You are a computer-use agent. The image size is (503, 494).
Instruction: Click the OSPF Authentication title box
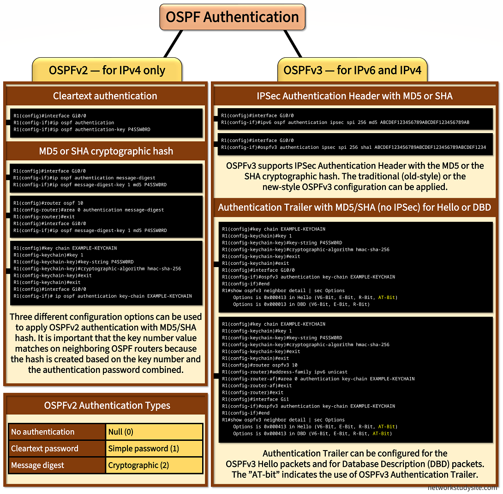(232, 17)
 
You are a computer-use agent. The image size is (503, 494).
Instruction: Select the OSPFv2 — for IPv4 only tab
(107, 70)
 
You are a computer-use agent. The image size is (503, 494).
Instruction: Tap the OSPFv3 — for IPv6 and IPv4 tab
(352, 70)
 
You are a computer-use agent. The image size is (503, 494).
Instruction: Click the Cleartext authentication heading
(105, 96)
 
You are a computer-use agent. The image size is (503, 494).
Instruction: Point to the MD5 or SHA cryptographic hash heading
(105, 151)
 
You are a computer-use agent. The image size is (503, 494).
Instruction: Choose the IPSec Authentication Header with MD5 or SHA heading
(354, 96)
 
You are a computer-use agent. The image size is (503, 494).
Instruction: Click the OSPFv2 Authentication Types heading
(107, 405)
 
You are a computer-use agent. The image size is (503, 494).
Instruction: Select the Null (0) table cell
(154, 432)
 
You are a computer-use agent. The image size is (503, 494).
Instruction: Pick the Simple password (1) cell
(154, 448)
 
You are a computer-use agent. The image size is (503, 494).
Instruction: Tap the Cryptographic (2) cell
(154, 465)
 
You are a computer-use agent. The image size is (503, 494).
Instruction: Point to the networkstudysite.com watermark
(462, 488)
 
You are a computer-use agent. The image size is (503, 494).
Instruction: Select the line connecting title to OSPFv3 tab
(293, 44)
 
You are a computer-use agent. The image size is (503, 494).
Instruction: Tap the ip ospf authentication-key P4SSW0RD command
(82, 129)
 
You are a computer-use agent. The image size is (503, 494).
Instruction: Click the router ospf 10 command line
(48, 203)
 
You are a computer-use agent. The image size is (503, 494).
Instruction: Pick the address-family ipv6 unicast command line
(285, 372)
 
